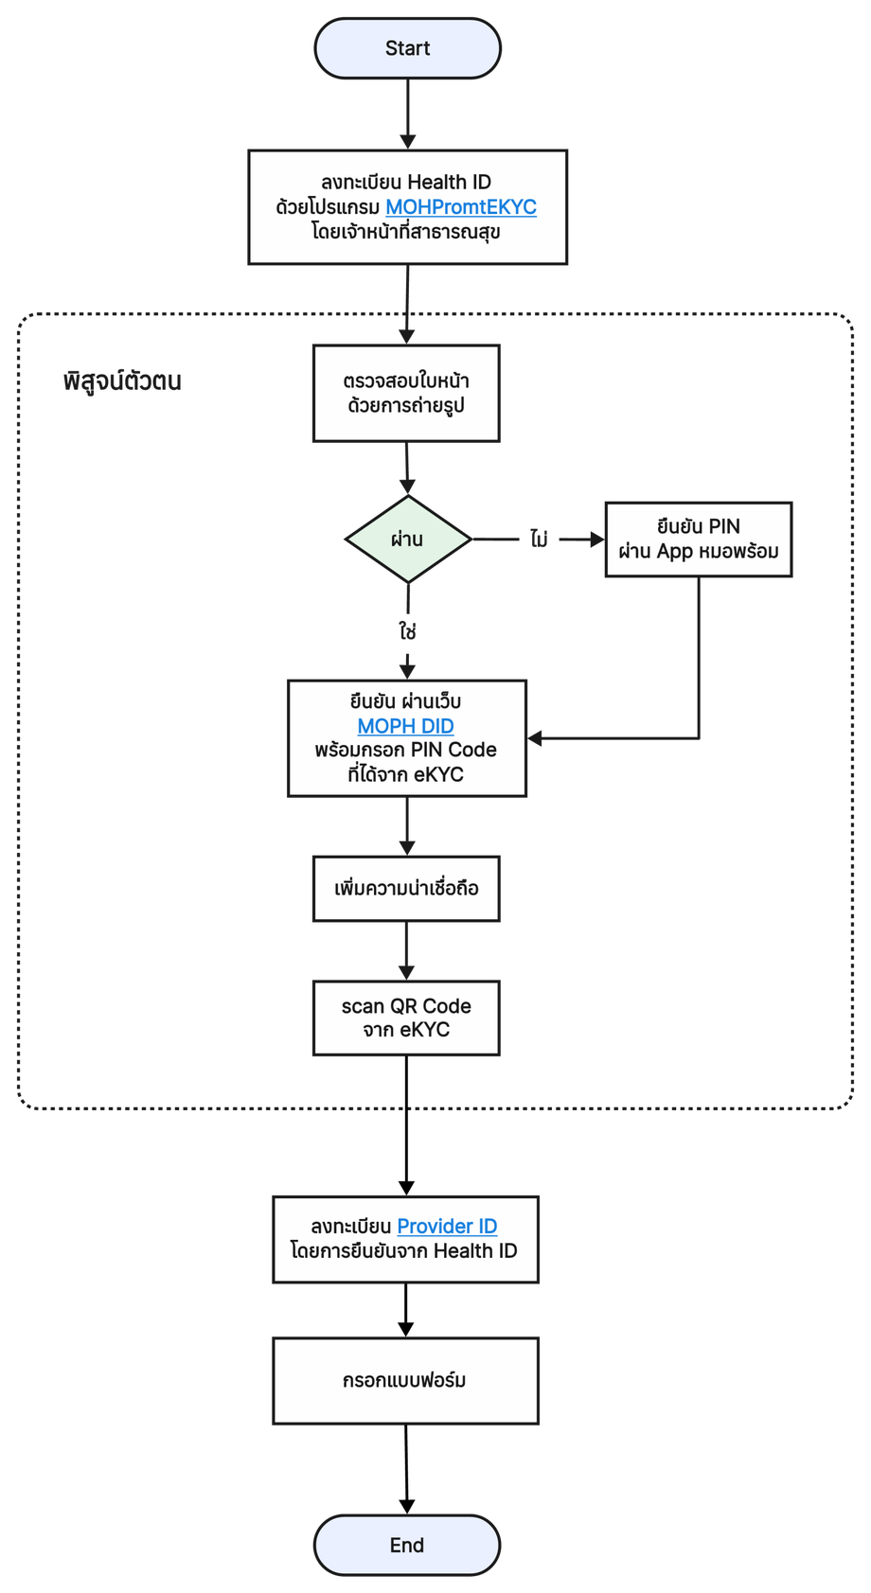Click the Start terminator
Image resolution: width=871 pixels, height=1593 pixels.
[x=408, y=48]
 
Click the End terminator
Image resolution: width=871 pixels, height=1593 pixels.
[x=407, y=1545]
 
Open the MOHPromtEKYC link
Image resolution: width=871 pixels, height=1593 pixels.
[x=461, y=207]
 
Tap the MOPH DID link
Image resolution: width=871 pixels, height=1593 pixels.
[x=405, y=726]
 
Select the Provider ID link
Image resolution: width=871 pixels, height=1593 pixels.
[x=447, y=1226]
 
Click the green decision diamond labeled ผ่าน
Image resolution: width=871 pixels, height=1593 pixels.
[x=408, y=540]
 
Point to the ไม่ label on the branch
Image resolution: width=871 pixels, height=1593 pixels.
[x=540, y=540]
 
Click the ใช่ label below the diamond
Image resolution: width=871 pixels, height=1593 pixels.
[x=408, y=630]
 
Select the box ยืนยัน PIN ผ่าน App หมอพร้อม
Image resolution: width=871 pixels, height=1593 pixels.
[x=699, y=540]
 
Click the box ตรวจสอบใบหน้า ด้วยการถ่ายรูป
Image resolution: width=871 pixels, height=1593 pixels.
[x=406, y=393]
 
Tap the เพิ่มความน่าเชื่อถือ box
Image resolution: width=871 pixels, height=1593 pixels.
[x=406, y=888]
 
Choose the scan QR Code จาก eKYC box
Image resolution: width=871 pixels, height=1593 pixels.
[x=406, y=1018]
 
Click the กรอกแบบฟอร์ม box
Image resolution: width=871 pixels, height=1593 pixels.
[x=405, y=1380]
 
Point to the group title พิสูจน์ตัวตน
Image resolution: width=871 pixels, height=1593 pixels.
[x=122, y=381]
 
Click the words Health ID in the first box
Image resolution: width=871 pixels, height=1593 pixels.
[x=449, y=182]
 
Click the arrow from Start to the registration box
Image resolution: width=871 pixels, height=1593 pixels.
[x=408, y=114]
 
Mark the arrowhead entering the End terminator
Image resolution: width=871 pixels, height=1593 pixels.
[x=407, y=1506]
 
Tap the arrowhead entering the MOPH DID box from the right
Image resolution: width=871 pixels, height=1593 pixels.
[x=535, y=738]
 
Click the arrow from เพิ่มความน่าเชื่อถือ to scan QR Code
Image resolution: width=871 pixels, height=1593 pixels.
[x=406, y=951]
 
